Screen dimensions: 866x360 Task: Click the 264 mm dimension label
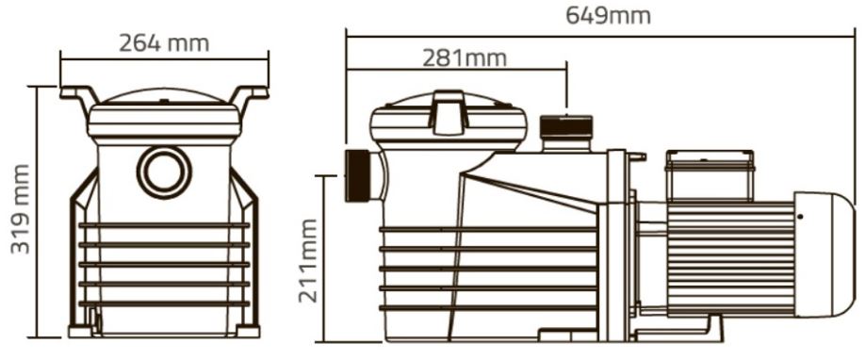pos(164,43)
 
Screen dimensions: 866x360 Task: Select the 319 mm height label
pos(21,208)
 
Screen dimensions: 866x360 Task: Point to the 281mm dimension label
pos(465,58)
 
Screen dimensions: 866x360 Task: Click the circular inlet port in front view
pos(164,172)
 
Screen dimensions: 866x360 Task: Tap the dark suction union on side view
pos(357,175)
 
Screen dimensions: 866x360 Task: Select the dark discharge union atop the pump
pos(565,126)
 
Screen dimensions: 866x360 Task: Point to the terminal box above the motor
pos(710,174)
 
